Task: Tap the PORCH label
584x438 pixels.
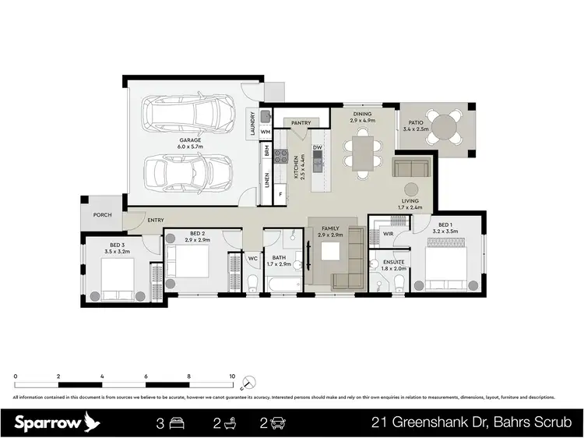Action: click(102, 215)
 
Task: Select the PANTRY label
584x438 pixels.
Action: click(301, 123)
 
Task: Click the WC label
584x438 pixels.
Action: click(253, 258)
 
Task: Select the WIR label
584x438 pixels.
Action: click(388, 234)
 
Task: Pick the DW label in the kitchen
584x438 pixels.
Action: click(318, 147)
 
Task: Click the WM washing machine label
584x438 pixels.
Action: click(266, 132)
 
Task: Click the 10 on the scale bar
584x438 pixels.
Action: click(232, 376)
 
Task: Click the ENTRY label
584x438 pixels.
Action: click(155, 221)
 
